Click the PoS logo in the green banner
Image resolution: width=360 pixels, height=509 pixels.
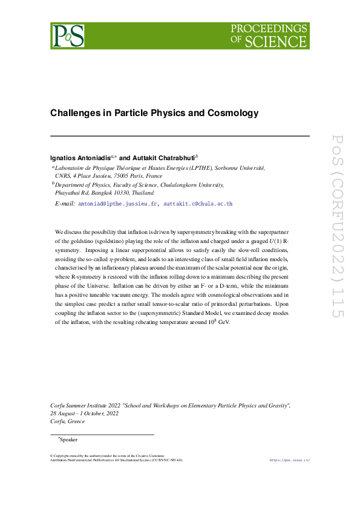coord(67,36)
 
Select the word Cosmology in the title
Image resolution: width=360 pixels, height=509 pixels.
coord(233,113)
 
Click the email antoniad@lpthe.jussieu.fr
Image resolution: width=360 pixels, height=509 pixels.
coord(117,204)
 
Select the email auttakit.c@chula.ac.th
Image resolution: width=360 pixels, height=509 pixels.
coord(198,204)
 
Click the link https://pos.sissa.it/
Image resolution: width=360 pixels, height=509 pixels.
coord(289,460)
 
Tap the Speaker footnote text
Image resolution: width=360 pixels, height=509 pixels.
coord(69,439)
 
